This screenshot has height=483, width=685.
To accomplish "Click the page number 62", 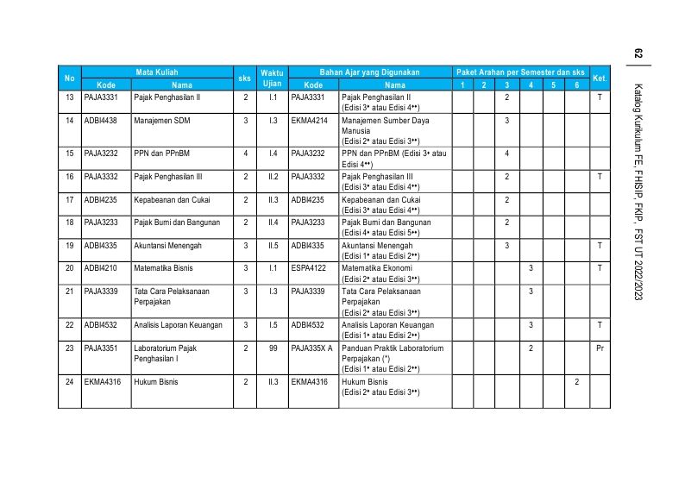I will [x=638, y=53].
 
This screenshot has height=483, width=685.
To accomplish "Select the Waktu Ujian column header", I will [x=273, y=78].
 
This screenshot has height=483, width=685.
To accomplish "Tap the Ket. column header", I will [x=600, y=78].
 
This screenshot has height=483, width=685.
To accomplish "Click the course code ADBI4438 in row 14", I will [x=101, y=120].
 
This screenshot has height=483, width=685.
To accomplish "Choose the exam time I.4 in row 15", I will [x=273, y=153].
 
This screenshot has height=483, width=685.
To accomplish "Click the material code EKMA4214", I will [x=310, y=120].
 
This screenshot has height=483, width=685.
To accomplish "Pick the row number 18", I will [x=69, y=223].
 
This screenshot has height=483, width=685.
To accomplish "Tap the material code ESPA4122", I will [x=310, y=269].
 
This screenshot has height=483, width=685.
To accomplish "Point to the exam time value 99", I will [x=273, y=348].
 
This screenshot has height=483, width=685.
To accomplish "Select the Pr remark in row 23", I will [x=600, y=348].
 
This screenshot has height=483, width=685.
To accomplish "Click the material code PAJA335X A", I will [x=312, y=348].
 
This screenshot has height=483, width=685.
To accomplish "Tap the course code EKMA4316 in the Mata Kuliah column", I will [x=102, y=381].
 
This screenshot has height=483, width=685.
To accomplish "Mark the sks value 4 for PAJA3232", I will [x=246, y=153].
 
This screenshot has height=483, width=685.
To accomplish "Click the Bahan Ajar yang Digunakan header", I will [x=369, y=72].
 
